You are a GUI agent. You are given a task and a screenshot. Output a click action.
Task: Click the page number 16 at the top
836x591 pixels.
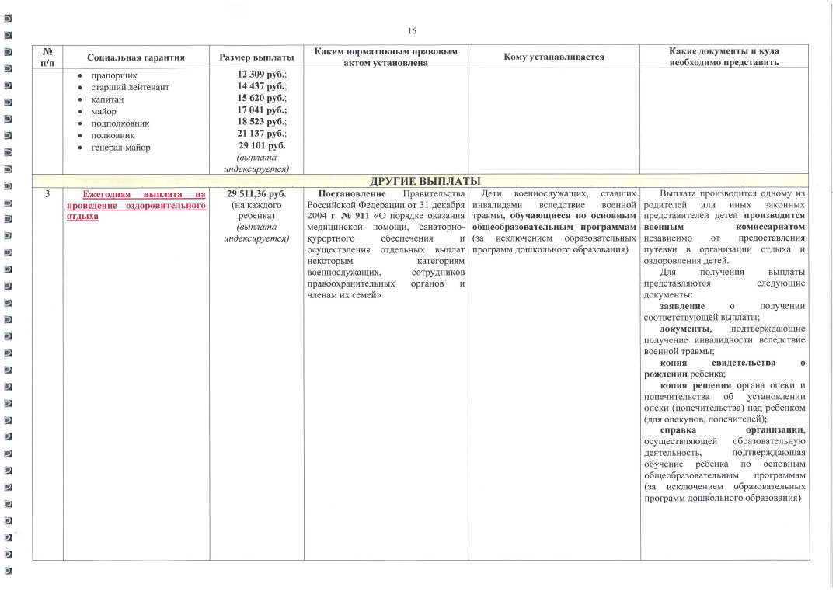point(412,31)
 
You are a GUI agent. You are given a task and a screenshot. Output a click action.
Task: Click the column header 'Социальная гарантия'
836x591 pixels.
point(136,57)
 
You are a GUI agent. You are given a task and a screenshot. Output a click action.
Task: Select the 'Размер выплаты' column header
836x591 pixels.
point(257,57)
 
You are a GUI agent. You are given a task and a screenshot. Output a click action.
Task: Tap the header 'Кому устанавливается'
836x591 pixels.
point(554,57)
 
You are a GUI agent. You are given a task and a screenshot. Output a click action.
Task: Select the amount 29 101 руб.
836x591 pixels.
point(261,146)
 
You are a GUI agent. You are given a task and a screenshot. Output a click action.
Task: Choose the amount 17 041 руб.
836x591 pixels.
point(261,111)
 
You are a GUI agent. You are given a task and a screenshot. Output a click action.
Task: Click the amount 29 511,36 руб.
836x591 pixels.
point(257,193)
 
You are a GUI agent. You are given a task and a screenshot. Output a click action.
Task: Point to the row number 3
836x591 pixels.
point(47,193)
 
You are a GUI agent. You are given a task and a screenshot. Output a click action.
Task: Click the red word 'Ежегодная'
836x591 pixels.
point(105,194)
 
